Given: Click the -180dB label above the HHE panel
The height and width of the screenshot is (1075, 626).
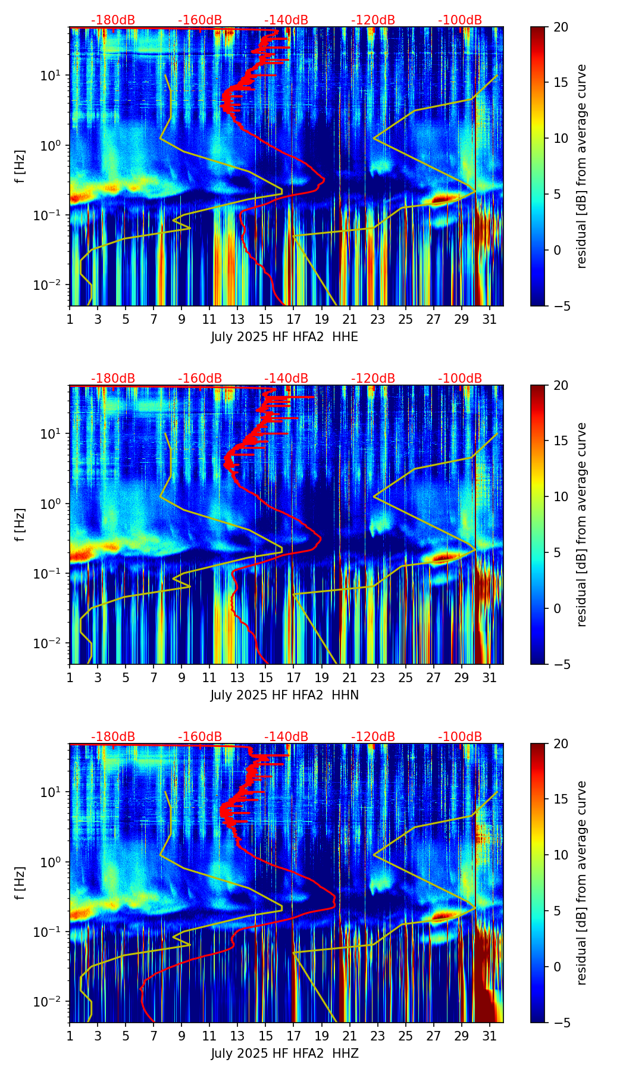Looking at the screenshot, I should [x=113, y=20].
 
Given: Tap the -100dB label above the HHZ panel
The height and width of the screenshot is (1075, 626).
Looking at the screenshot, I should [x=460, y=737].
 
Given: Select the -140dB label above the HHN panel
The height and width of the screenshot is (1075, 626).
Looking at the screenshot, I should [x=286, y=379].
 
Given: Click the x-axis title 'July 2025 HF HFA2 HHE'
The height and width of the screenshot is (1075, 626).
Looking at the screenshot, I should [x=284, y=337].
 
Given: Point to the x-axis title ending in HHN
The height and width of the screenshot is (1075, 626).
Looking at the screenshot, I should [x=284, y=695].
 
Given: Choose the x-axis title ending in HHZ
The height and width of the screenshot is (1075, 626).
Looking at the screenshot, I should [x=284, y=1054].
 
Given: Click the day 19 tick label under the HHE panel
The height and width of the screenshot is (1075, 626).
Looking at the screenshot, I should [x=321, y=319].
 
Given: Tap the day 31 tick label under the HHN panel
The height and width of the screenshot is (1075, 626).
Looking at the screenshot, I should [x=489, y=677].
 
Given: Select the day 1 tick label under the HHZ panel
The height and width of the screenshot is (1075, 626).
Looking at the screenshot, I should [x=70, y=1036].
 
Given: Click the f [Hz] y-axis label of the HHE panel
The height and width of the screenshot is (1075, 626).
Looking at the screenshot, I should [x=20, y=167].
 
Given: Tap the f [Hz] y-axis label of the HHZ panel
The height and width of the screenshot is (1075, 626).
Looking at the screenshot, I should [x=20, y=883].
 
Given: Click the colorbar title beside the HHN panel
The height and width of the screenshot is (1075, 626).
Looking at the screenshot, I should [x=581, y=524].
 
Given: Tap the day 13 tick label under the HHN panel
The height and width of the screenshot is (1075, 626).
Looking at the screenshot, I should [x=237, y=677].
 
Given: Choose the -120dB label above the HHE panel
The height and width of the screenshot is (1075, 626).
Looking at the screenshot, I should [x=373, y=20].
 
